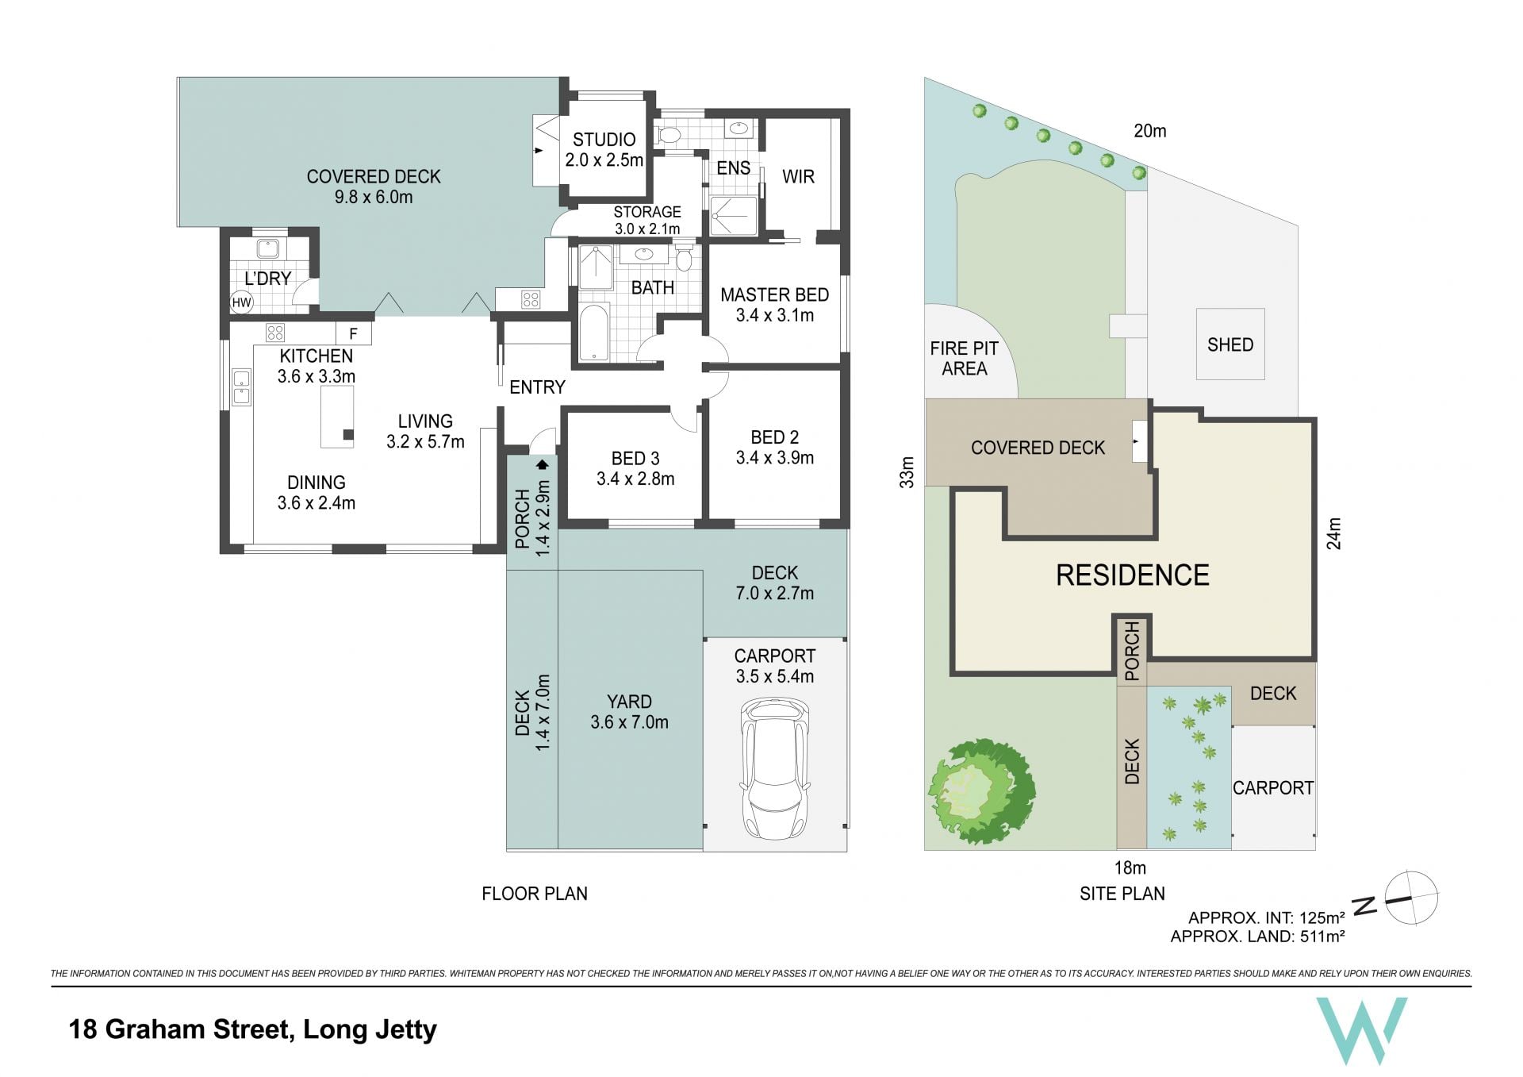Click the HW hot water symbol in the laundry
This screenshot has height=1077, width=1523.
241,302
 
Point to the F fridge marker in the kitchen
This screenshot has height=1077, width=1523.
354,334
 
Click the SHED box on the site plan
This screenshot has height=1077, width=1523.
1230,344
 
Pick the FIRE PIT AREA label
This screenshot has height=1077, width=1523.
964,359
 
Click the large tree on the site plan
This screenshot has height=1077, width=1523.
982,791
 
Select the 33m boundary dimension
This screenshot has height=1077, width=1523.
907,472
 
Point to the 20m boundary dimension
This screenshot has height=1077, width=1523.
1149,131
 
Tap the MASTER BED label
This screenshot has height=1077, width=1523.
774,295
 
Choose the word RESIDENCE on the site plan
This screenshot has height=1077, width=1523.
1132,575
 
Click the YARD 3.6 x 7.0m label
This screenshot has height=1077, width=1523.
629,712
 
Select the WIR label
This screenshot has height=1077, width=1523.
798,177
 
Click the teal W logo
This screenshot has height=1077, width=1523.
1362,1030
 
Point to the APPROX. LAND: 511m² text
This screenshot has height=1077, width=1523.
1257,937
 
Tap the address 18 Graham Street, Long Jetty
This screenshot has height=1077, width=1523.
253,1030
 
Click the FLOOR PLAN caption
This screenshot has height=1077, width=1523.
535,894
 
